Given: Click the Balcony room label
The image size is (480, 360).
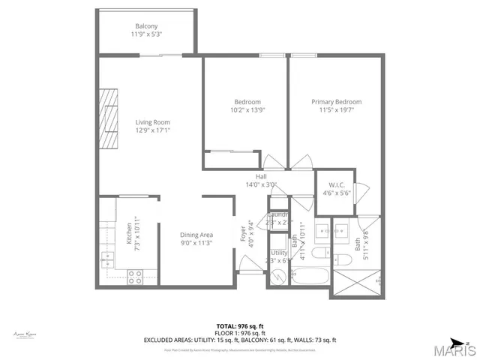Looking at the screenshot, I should [x=146, y=26].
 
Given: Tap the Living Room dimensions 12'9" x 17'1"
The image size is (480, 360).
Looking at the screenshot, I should [x=152, y=130].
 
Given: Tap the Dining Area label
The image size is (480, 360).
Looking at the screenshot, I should [x=196, y=235].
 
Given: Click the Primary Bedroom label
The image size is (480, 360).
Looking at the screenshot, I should [x=337, y=102].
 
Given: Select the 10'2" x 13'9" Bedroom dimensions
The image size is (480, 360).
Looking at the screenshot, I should [x=247, y=109].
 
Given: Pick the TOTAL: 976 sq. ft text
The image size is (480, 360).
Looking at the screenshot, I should [x=240, y=325].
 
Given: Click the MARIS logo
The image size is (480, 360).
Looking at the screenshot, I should [x=452, y=350].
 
